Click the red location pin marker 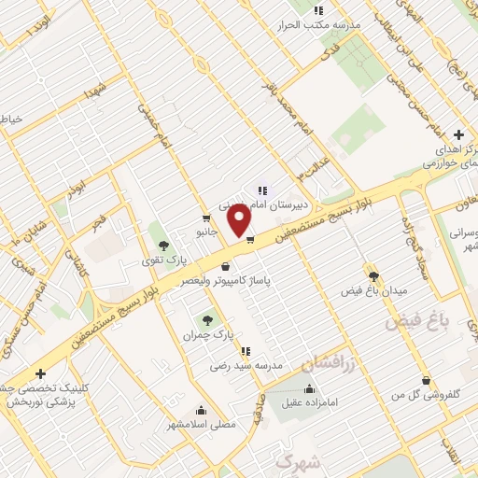click(240, 220)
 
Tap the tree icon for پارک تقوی click(164, 246)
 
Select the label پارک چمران click(205, 333)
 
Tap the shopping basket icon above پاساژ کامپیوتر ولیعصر click(225, 266)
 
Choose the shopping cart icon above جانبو click(205, 216)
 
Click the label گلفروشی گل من click(427, 395)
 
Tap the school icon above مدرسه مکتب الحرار click(318, 11)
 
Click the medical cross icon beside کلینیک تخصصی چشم click(40, 373)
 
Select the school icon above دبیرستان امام click(262, 190)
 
